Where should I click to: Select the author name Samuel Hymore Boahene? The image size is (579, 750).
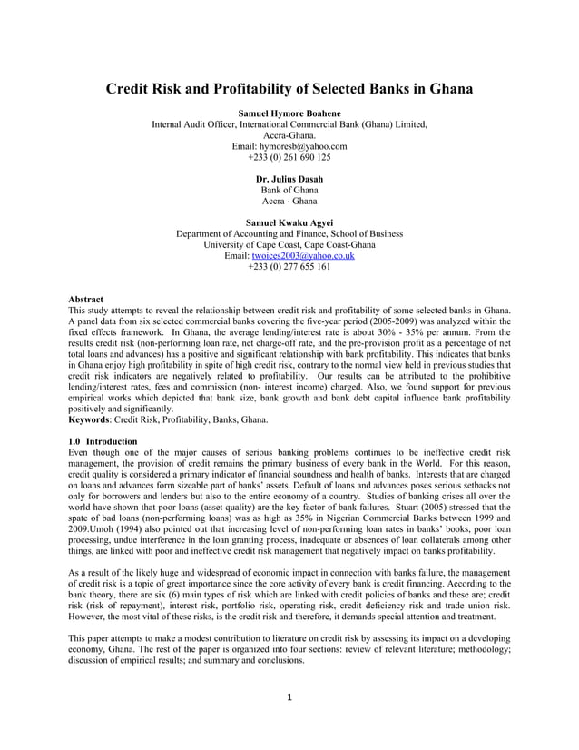click(289, 113)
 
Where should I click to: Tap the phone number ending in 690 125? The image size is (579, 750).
click(289, 156)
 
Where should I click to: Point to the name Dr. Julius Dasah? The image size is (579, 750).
click(289, 179)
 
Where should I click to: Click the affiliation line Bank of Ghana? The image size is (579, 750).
click(289, 190)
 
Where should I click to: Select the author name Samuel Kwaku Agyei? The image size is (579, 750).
click(289, 222)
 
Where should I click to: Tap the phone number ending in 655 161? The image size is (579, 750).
click(289, 266)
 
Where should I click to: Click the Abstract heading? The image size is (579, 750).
click(86, 299)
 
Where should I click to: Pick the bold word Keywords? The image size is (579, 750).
click(93, 419)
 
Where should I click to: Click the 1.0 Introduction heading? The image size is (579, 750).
click(103, 441)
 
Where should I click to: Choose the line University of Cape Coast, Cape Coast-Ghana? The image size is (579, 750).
click(289, 244)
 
